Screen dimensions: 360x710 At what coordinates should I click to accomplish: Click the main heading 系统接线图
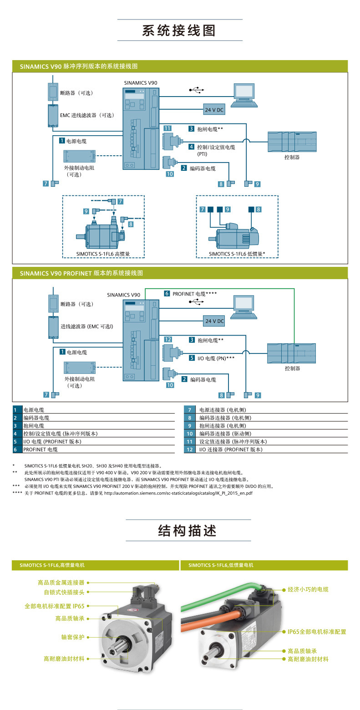click(179, 31)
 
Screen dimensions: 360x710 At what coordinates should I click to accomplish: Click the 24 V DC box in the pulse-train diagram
click(214, 110)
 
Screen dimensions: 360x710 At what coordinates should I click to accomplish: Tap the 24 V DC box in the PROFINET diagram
click(214, 321)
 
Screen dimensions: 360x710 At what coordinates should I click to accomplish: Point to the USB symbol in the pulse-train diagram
click(196, 90)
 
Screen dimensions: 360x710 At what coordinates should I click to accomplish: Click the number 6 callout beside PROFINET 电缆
click(167, 293)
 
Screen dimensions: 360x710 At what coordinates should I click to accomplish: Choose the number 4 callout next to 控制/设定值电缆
click(191, 147)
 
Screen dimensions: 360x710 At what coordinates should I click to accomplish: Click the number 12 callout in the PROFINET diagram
click(168, 339)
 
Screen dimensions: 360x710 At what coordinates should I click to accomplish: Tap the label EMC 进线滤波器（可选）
click(87, 115)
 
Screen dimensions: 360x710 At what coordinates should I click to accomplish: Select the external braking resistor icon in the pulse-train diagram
click(80, 156)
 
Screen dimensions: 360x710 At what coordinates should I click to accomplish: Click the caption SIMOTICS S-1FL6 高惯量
click(103, 254)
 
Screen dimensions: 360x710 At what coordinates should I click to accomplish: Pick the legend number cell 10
click(190, 434)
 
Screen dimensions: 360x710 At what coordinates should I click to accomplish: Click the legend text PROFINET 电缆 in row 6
click(41, 449)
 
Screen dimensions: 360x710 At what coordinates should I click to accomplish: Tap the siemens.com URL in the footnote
click(178, 493)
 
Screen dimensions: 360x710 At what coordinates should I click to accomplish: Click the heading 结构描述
click(188, 531)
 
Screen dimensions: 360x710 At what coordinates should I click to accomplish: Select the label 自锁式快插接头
click(64, 592)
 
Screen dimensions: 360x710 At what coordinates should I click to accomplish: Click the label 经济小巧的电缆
click(308, 589)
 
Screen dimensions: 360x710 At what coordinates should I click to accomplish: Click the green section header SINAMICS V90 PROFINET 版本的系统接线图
click(81, 273)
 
